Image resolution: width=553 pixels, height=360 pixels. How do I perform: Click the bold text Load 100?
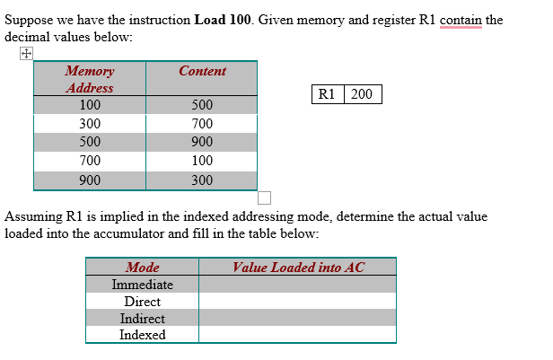tap(224, 20)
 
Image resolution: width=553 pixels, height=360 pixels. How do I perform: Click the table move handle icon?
tap(26, 54)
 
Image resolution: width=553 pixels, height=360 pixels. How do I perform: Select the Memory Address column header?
tap(90, 79)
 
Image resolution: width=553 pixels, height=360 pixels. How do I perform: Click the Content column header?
tap(202, 71)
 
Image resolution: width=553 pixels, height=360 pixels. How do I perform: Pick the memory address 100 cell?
tap(90, 105)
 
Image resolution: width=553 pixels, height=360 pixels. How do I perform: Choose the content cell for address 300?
tap(202, 124)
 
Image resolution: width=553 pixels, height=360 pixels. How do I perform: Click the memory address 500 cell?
tap(90, 143)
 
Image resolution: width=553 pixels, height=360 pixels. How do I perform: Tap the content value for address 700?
tap(202, 162)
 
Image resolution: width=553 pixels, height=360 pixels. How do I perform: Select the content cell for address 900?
tap(202, 180)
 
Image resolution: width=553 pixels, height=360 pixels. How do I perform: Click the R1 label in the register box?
tap(327, 94)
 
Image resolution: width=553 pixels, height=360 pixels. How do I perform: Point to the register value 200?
tap(362, 94)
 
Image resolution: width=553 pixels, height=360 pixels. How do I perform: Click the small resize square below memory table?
tap(264, 198)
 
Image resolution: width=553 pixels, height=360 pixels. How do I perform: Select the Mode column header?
tap(143, 267)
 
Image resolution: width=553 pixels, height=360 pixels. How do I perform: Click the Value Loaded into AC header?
tap(298, 267)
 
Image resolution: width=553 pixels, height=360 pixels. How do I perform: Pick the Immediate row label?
tap(143, 285)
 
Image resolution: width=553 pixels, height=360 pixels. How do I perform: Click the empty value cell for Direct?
tap(297, 302)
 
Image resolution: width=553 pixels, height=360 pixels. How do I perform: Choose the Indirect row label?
tap(143, 319)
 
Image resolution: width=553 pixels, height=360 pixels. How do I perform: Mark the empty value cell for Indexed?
tap(297, 335)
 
